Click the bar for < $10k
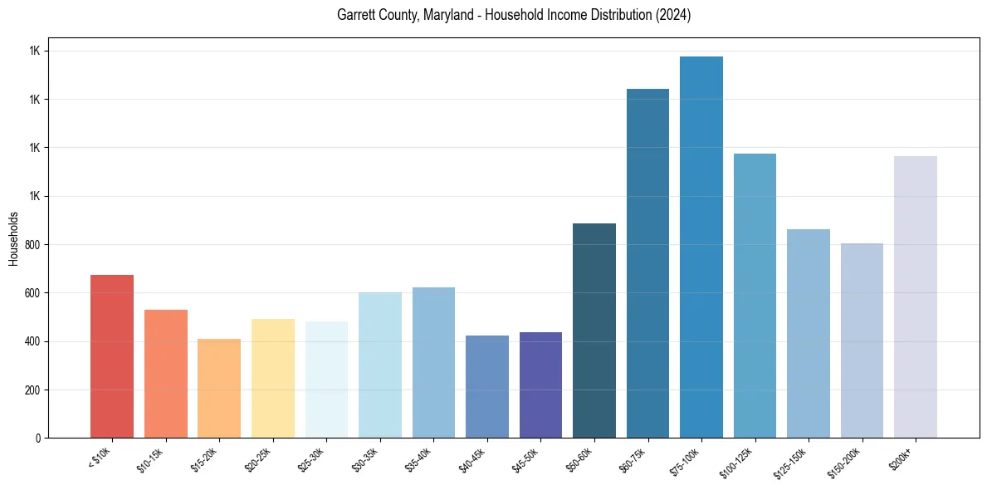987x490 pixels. click(x=112, y=356)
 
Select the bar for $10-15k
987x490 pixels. click(x=166, y=374)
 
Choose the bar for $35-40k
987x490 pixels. click(x=433, y=362)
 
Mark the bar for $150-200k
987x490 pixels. click(x=862, y=341)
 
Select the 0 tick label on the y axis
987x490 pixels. click(x=37, y=439)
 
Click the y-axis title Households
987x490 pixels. click(x=14, y=238)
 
